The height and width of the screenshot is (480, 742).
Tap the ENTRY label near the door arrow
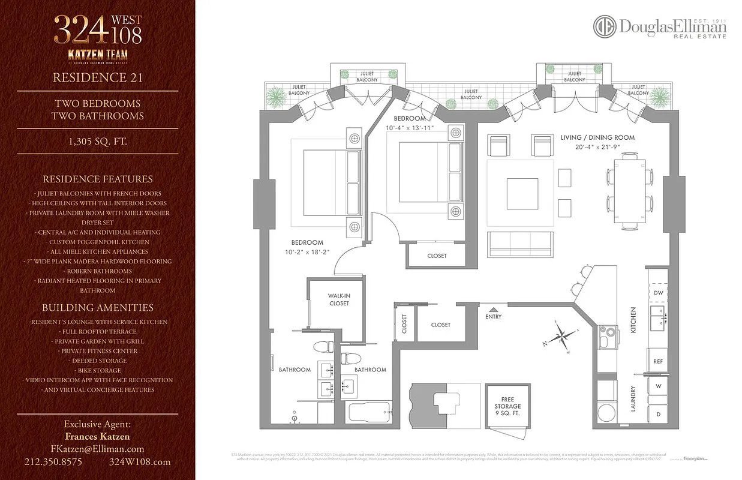493,316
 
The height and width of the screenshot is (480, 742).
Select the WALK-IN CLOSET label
338,299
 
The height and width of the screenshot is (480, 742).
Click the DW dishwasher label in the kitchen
659,293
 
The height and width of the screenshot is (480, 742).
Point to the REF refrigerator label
658,362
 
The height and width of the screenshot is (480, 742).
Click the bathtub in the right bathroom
369,413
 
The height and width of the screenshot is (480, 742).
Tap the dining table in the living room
629,191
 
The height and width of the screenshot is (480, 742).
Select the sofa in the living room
520,245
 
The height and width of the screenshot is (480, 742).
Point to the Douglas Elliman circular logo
605,27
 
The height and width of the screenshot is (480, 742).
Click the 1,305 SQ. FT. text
97,142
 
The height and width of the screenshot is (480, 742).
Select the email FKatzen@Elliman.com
97,449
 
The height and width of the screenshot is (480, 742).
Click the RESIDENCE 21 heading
97,77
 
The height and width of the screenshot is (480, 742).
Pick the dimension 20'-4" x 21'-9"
597,147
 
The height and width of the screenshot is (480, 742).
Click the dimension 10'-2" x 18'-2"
308,252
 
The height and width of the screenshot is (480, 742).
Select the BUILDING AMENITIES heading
97,308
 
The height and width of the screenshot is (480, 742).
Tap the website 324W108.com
140,462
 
